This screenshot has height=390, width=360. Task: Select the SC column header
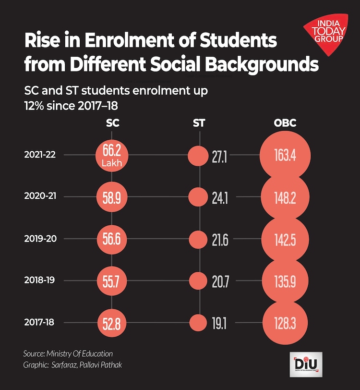pyautogui.click(x=112, y=123)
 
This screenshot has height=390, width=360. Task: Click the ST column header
pyautogui.click(x=199, y=123)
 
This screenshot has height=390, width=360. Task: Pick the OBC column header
pyautogui.click(x=285, y=123)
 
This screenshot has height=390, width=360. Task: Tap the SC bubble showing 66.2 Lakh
pyautogui.click(x=112, y=155)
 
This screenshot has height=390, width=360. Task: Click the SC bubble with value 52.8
pyautogui.click(x=112, y=322)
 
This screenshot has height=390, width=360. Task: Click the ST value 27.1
pyautogui.click(x=219, y=156)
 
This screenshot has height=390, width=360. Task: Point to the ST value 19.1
pyautogui.click(x=219, y=322)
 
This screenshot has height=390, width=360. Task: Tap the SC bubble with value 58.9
pyautogui.click(x=112, y=197)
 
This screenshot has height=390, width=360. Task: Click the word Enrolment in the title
pyautogui.click(x=131, y=41)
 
